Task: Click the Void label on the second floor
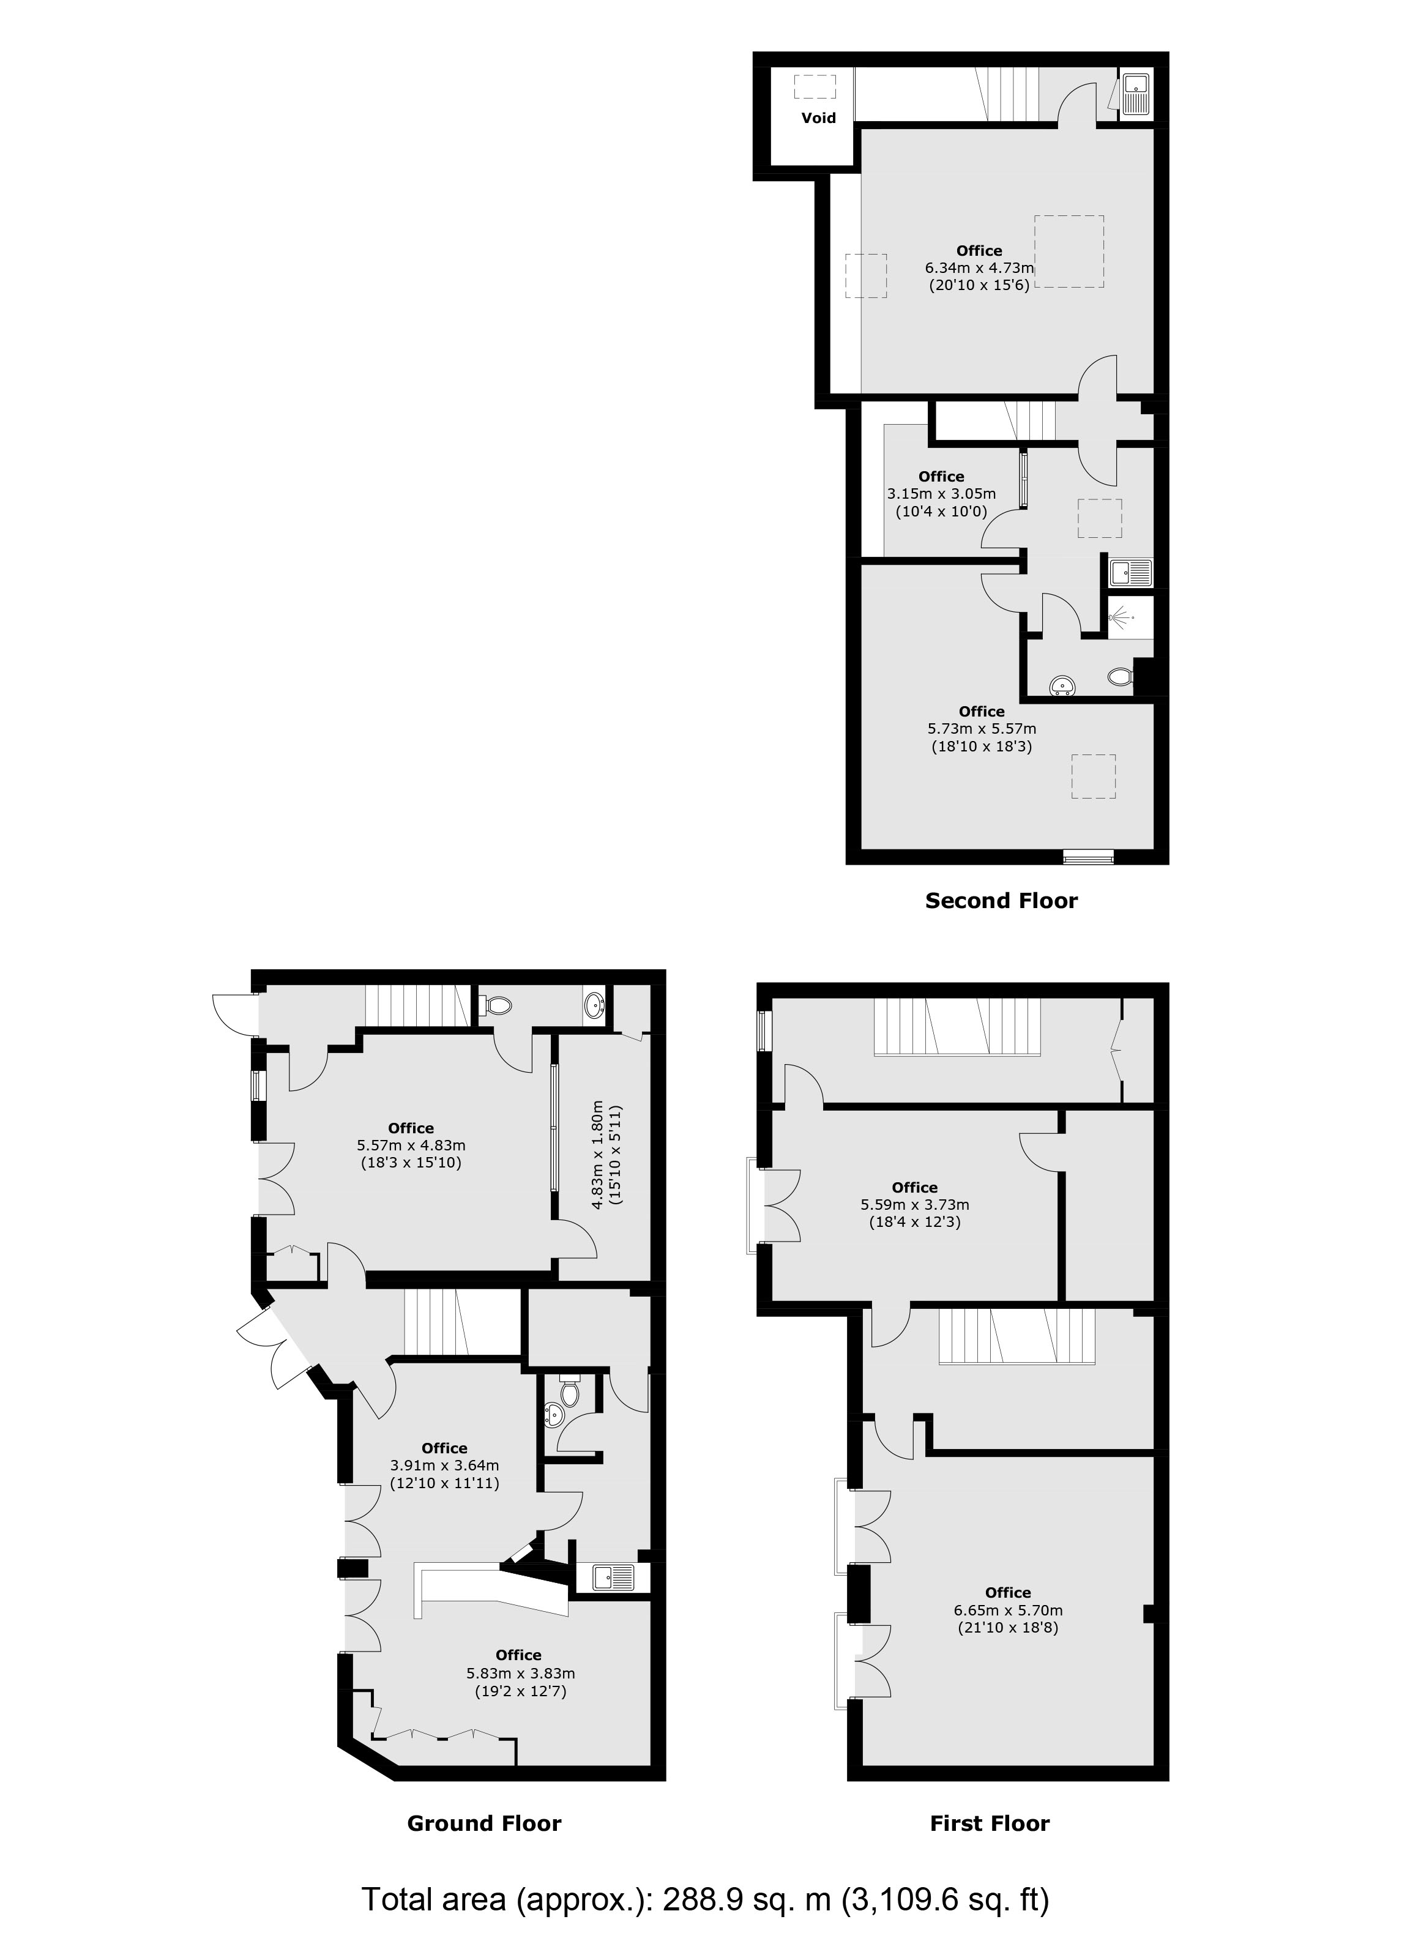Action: tap(818, 118)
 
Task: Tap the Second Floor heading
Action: tap(1001, 901)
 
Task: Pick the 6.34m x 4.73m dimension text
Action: tap(980, 267)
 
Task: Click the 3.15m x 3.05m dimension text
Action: tap(942, 494)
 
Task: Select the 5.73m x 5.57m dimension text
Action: tap(982, 729)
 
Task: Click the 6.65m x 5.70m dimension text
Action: tap(1008, 1611)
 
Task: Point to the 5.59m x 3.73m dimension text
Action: tap(915, 1205)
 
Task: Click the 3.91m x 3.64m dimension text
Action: tap(445, 1466)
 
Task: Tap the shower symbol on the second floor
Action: tap(1119, 616)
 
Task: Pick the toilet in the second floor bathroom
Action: tap(1120, 677)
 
